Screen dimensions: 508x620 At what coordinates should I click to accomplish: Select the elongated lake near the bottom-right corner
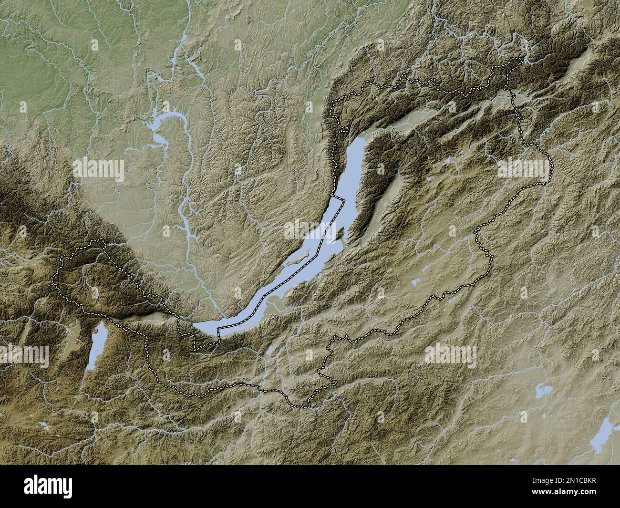pyautogui.click(x=602, y=434)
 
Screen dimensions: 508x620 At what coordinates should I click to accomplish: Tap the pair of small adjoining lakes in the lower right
pyautogui.click(x=542, y=392)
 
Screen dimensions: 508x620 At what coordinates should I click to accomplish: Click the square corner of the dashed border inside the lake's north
pyautogui.click(x=342, y=201)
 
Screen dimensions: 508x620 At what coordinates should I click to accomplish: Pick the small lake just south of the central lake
pyautogui.click(x=269, y=351)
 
